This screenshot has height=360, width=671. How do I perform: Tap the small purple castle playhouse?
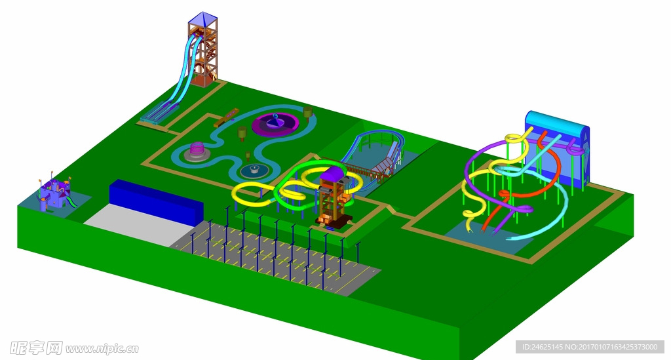pyautogui.click(x=54, y=194)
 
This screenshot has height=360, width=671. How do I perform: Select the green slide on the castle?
pyautogui.click(x=72, y=201)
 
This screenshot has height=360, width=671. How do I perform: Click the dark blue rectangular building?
pyautogui.click(x=156, y=202)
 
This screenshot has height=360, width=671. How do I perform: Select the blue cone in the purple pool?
pyautogui.click(x=275, y=121)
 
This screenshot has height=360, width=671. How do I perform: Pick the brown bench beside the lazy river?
pyautogui.click(x=226, y=118)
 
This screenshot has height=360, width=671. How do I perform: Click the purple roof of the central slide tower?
pyautogui.click(x=332, y=173)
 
